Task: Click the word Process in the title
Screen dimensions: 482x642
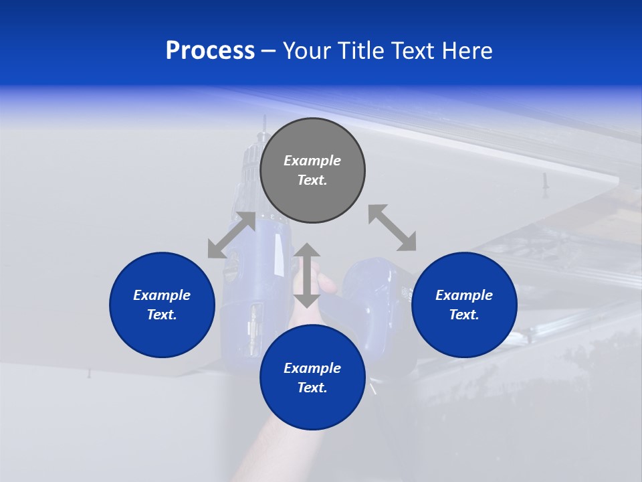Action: point(210,51)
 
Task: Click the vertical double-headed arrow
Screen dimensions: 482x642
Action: point(307,275)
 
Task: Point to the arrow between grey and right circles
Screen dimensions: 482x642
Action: point(392,228)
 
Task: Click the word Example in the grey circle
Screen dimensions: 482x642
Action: point(312,161)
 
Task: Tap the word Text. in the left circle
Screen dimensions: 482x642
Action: point(162,315)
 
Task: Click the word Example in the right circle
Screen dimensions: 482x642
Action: point(464,295)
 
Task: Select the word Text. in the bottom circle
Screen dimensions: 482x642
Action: point(312,388)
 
